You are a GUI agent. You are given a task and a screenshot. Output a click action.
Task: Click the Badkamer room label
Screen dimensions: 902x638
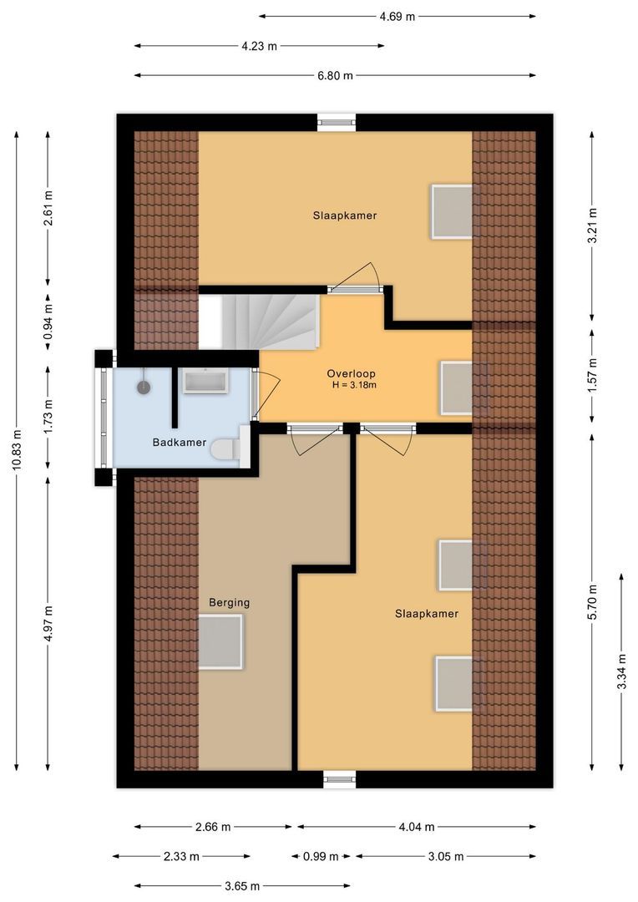[x=179, y=442]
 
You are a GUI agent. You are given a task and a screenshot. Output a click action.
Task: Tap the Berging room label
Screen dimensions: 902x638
[x=229, y=602]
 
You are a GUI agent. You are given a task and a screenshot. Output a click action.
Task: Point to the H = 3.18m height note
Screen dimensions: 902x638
[x=353, y=385]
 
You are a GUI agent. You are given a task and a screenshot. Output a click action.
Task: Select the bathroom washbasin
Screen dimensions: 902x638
[x=205, y=383]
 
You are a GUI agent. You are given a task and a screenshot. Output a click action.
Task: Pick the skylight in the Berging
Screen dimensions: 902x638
[x=220, y=641]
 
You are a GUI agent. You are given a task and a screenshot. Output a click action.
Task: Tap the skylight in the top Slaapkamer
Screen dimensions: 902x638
[x=452, y=210]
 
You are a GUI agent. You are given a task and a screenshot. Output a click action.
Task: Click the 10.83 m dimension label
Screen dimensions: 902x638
[x=16, y=451]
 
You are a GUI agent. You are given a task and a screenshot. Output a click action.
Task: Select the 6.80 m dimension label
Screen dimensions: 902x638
[x=334, y=75]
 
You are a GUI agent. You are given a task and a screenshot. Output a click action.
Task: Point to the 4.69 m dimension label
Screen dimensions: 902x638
[x=397, y=16]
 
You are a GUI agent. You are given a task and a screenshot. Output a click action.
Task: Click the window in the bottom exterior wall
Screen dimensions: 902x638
[x=339, y=779]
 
